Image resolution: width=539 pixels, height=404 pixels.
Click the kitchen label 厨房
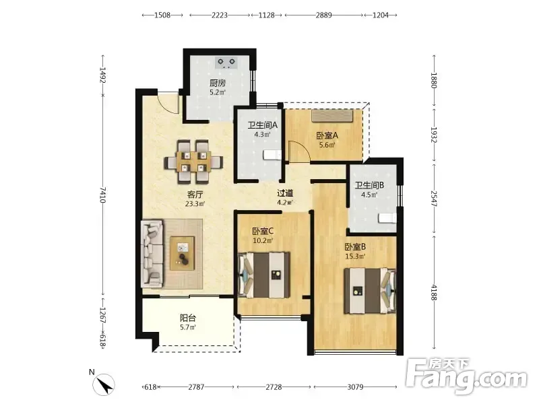coord(218,83)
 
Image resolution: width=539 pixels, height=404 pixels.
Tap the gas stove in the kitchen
coord(226,63)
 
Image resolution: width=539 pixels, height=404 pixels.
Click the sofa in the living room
coord(152,254)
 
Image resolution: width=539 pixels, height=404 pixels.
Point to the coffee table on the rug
coord(182,253)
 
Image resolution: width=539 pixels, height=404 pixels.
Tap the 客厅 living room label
coord(195,195)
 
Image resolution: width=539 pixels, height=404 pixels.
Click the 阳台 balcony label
coord(188,318)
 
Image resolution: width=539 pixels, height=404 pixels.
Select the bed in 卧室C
coord(264,275)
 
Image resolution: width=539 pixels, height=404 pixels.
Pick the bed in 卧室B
coord(370,291)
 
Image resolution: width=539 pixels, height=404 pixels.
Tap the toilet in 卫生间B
coord(387,217)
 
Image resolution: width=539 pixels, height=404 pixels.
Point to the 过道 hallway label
coord(285,193)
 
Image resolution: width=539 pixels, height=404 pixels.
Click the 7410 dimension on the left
coord(102,195)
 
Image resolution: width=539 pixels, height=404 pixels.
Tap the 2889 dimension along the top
coord(324,15)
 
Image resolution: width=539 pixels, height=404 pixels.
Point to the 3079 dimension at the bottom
coord(355,387)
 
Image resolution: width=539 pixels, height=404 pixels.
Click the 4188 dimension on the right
coord(434,293)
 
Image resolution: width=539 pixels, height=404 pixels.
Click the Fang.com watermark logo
coord(466,377)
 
